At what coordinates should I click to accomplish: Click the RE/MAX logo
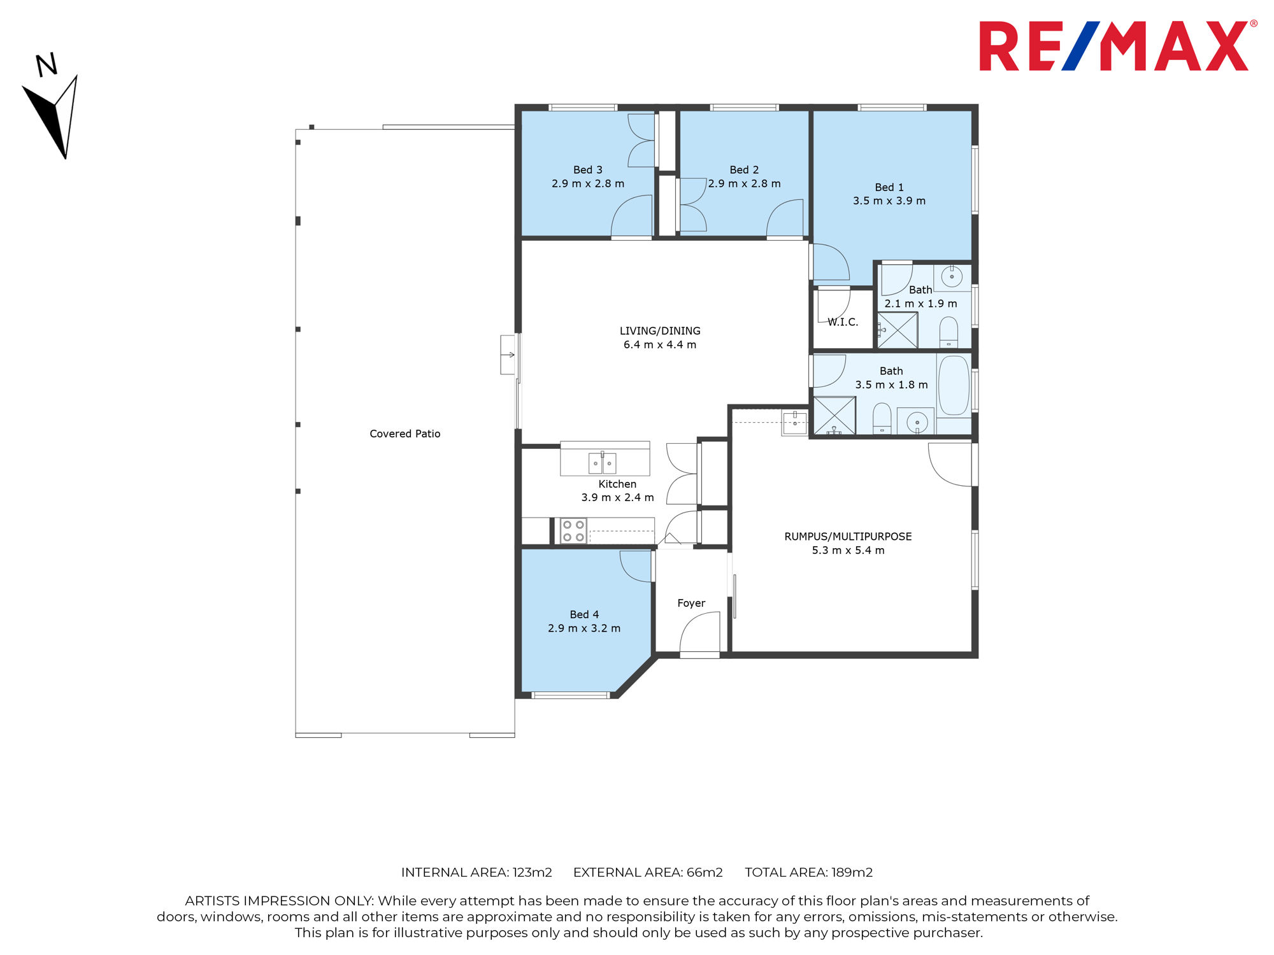tap(1118, 46)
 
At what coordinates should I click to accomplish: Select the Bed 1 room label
tap(889, 187)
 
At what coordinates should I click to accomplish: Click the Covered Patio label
tap(405, 434)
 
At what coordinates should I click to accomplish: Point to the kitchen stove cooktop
tap(573, 531)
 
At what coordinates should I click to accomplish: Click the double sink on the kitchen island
tap(602, 463)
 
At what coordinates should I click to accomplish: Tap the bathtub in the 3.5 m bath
tap(954, 385)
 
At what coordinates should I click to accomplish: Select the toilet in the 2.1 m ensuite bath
tap(948, 332)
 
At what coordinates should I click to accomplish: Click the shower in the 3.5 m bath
tap(834, 416)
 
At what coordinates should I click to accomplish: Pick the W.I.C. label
tap(843, 322)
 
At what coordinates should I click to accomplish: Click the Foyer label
tap(691, 603)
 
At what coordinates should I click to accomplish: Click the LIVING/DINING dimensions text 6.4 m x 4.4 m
tap(660, 344)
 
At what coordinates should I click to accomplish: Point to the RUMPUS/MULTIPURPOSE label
tap(848, 537)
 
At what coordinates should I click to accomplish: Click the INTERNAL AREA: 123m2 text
tap(476, 872)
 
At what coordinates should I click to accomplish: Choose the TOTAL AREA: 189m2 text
tap(809, 872)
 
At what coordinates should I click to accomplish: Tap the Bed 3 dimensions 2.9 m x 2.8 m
tap(588, 183)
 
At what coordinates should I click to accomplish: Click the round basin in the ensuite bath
tap(952, 277)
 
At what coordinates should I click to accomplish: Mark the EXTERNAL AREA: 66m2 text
tap(648, 872)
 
